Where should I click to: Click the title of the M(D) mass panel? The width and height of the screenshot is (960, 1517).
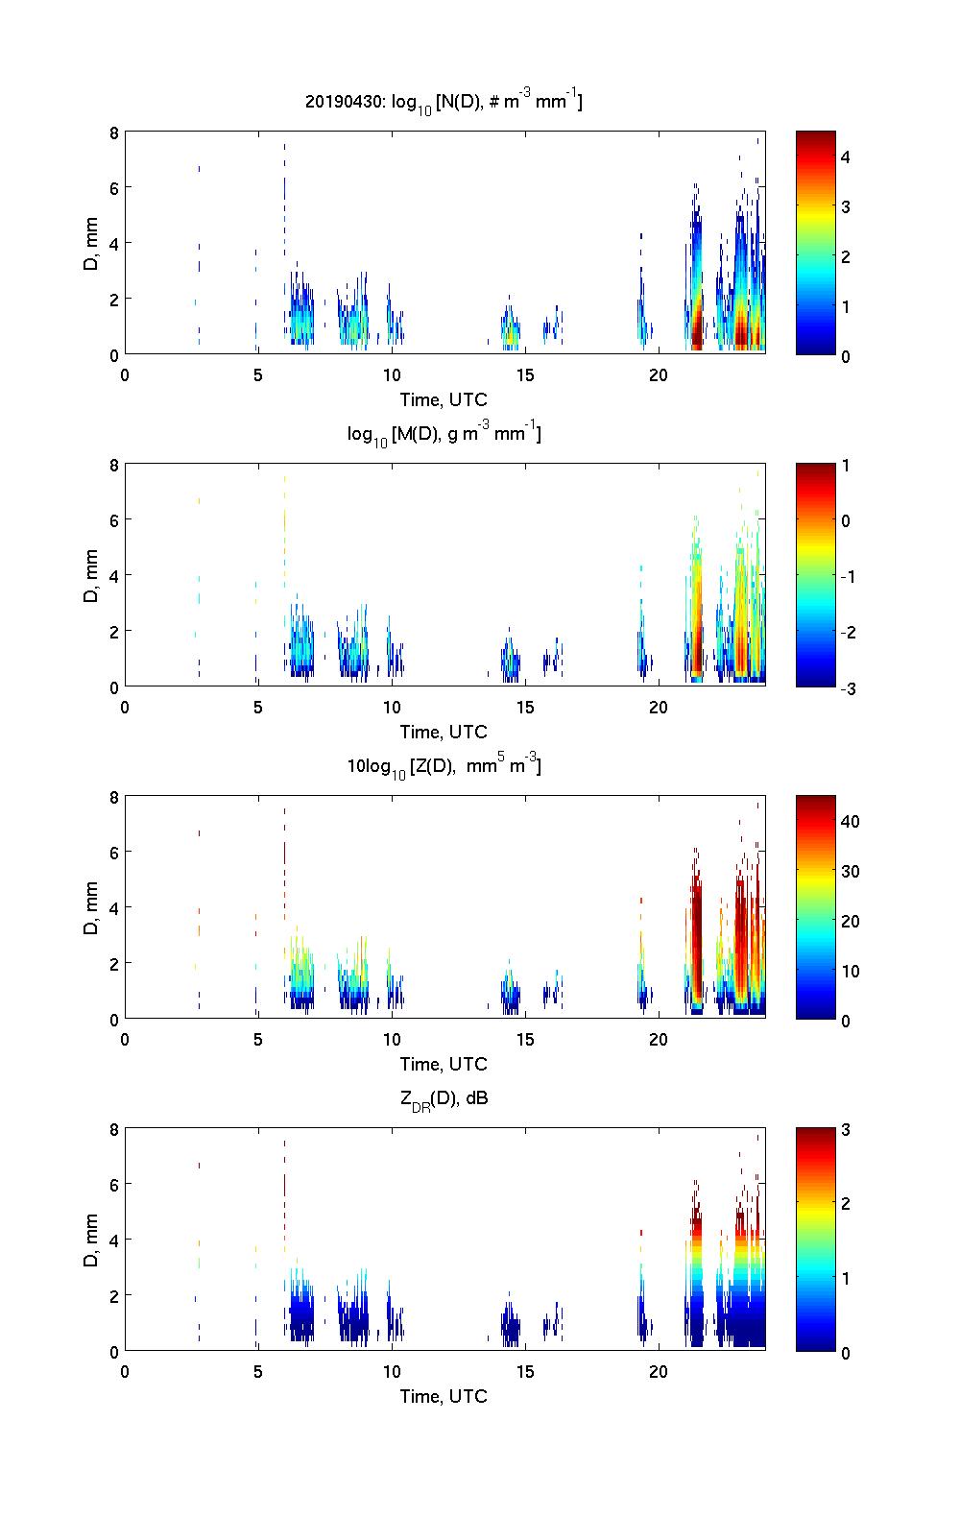pyautogui.click(x=444, y=434)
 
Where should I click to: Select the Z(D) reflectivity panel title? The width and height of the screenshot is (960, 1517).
pyautogui.click(x=444, y=766)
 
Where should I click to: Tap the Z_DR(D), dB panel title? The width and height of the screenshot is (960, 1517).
pyautogui.click(x=444, y=1098)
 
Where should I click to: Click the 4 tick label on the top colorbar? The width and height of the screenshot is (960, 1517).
pyautogui.click(x=846, y=157)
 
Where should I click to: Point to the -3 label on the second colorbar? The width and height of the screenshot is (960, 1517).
pyautogui.click(x=849, y=687)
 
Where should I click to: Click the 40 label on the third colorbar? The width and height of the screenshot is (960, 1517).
pyautogui.click(x=850, y=821)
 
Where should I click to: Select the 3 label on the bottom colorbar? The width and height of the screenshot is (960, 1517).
pyautogui.click(x=846, y=1130)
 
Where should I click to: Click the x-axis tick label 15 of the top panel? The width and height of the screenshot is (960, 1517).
pyautogui.click(x=524, y=374)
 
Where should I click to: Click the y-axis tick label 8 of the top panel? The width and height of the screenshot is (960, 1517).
pyautogui.click(x=113, y=132)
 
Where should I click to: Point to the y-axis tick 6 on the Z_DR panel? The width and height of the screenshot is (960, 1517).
pyautogui.click(x=113, y=1185)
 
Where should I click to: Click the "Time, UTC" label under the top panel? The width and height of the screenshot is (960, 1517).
pyautogui.click(x=444, y=399)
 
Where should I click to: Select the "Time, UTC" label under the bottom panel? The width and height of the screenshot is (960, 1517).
pyautogui.click(x=444, y=1396)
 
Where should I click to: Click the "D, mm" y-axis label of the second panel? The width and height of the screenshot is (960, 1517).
pyautogui.click(x=91, y=575)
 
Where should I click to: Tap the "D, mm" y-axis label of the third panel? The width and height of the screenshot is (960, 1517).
pyautogui.click(x=91, y=907)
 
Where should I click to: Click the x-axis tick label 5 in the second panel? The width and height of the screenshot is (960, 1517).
pyautogui.click(x=257, y=707)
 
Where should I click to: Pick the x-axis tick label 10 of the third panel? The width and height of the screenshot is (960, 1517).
pyautogui.click(x=391, y=1039)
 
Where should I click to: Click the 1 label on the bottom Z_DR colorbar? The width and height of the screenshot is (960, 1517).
pyautogui.click(x=846, y=1278)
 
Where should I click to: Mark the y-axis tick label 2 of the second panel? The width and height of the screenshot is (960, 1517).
pyautogui.click(x=113, y=631)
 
